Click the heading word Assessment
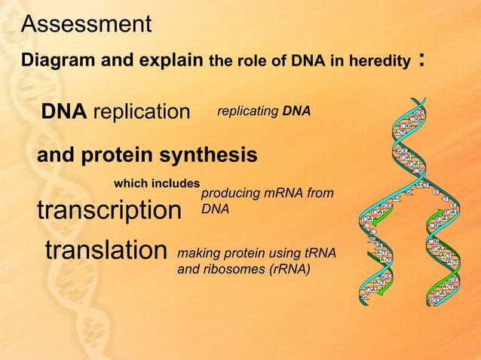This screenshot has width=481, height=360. (86, 24)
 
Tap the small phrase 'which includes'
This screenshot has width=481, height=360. (156, 183)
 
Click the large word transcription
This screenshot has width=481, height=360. (109, 210)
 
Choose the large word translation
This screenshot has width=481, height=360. (106, 249)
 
